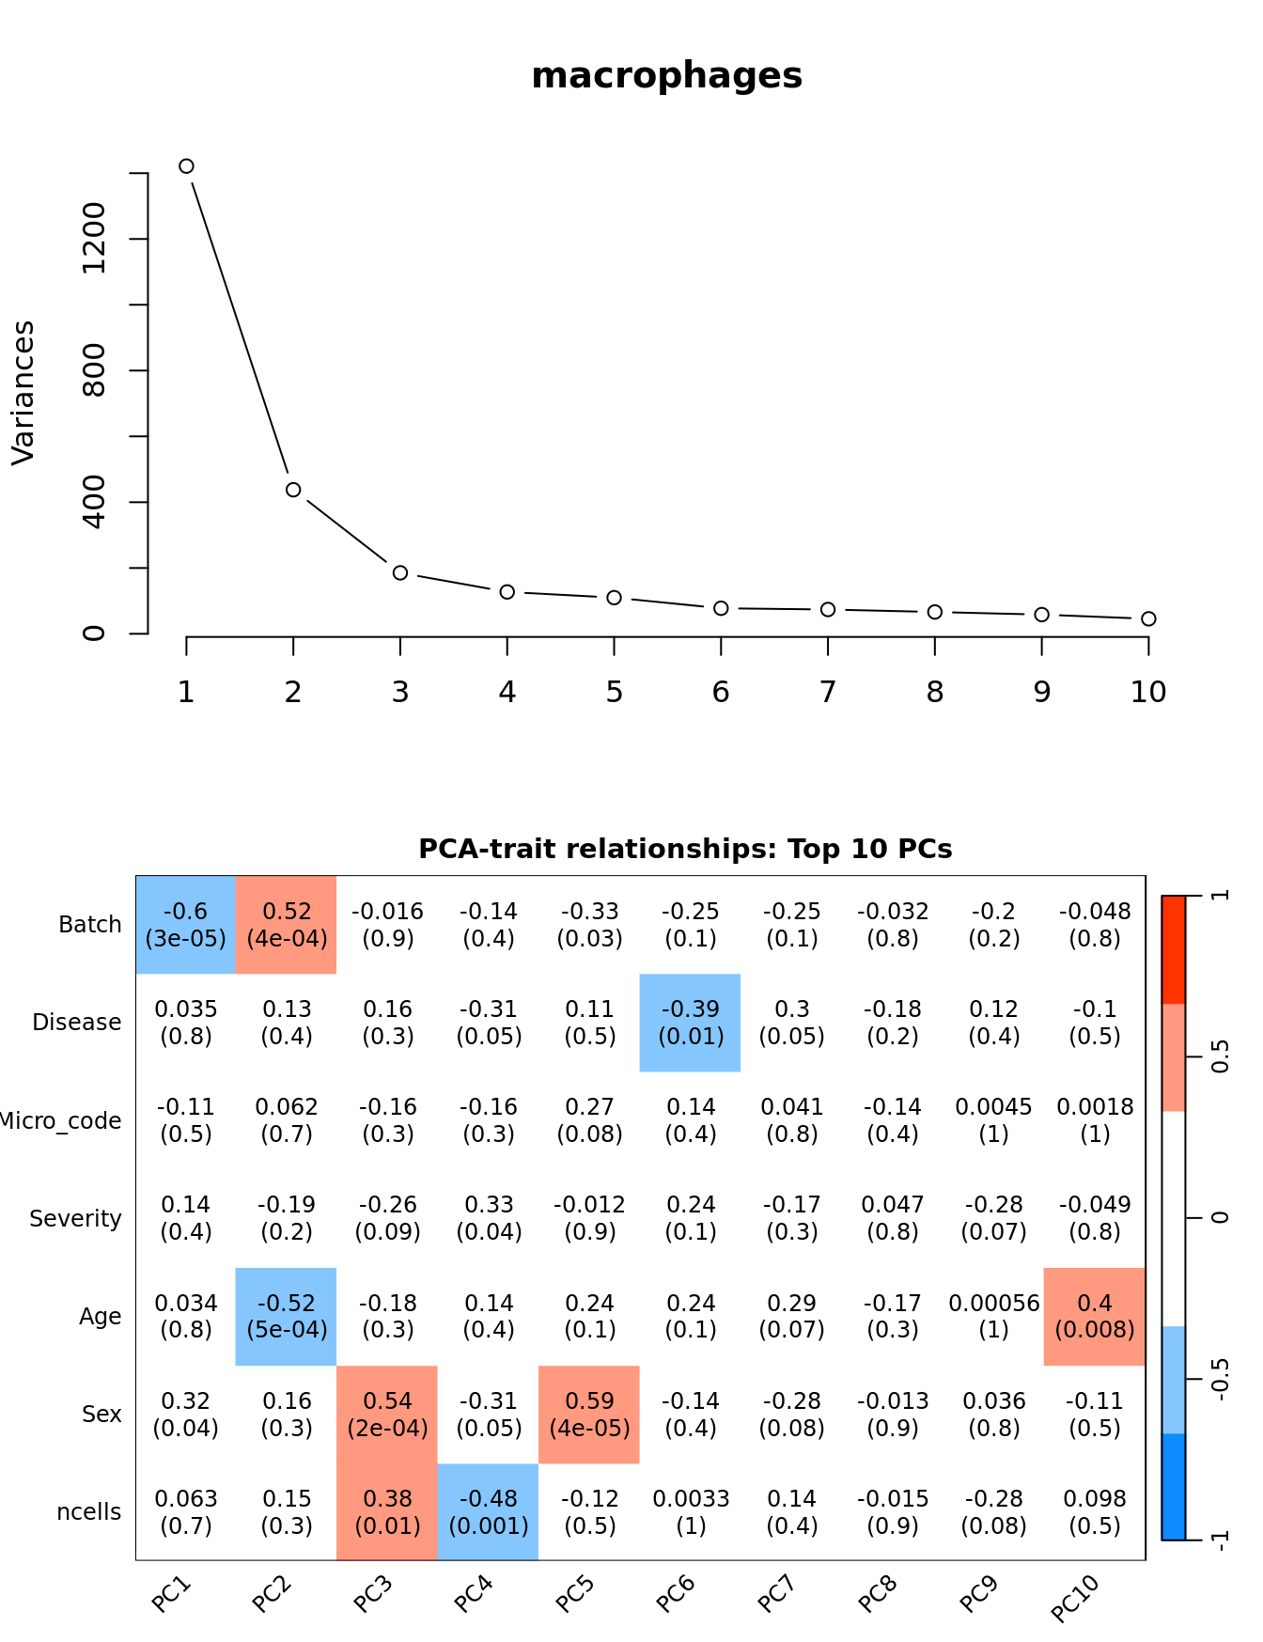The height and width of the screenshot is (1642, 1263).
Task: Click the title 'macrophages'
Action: click(x=666, y=75)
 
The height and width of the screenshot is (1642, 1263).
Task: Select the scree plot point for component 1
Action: click(x=186, y=166)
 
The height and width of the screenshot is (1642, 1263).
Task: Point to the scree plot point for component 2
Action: click(x=293, y=490)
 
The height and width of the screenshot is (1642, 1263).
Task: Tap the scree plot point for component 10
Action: click(x=1148, y=618)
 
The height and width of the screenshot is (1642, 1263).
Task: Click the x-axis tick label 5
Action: click(x=614, y=693)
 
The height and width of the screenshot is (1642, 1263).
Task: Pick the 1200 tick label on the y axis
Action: click(x=94, y=239)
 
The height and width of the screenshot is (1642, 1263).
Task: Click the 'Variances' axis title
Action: click(x=23, y=393)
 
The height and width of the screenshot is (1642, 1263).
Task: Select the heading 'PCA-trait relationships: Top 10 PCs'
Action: click(x=685, y=849)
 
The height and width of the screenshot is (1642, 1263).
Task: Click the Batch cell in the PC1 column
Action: click(x=186, y=925)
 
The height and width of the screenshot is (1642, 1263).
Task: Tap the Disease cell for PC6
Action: click(x=691, y=1023)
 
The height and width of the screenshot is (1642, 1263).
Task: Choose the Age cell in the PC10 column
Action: click(x=1095, y=1316)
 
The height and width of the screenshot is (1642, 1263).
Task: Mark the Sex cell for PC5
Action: click(x=589, y=1415)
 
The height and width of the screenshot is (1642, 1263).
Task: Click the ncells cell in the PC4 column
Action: click(x=489, y=1512)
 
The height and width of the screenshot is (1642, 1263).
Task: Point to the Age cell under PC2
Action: click(x=287, y=1316)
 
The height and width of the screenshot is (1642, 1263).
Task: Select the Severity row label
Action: click(x=75, y=1219)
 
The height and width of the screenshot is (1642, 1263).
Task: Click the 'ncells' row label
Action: click(x=89, y=1512)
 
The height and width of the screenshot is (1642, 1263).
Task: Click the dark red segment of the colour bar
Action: click(x=1174, y=949)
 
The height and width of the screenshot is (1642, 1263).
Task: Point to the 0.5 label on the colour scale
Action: click(x=1220, y=1056)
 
